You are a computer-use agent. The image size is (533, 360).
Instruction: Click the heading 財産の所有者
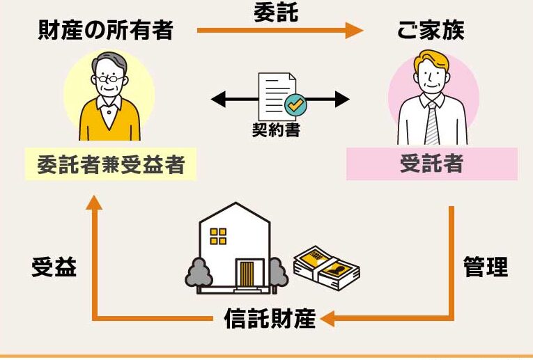[x=105, y=31]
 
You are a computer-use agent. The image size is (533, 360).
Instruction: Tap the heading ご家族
[x=431, y=31]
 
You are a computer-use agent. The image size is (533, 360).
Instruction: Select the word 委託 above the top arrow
[x=276, y=12]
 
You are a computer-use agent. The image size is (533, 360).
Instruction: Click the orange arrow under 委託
[x=279, y=31]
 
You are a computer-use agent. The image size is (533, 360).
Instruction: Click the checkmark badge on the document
[x=295, y=105]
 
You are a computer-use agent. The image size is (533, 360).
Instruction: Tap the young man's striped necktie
[x=431, y=123]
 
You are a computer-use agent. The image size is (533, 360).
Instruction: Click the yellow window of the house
[x=219, y=235]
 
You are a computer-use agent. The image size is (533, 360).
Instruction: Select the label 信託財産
[x=270, y=318]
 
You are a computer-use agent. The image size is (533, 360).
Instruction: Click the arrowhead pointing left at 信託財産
[x=327, y=319]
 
